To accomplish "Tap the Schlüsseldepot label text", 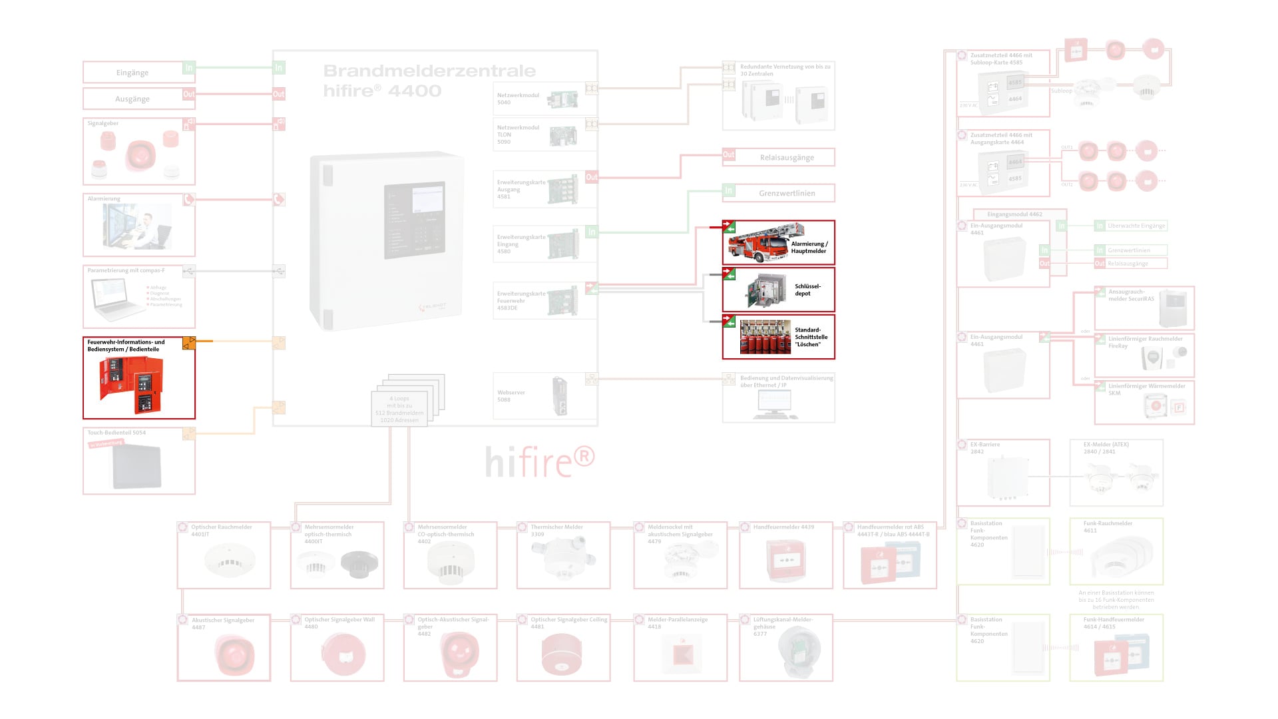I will tap(807, 290).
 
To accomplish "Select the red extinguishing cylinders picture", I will tap(765, 338).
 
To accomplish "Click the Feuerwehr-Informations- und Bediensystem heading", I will tap(126, 346).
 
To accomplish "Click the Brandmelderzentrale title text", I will tap(429, 71).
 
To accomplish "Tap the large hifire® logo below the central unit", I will tap(539, 461).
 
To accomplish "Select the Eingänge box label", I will tap(132, 73).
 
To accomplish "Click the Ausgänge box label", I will tap(132, 99).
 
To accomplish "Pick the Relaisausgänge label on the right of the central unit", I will tap(787, 158).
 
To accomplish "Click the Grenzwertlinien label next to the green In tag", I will tap(787, 193).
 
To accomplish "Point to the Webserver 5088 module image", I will tap(560, 396).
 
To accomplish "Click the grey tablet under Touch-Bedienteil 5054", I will tap(137, 466).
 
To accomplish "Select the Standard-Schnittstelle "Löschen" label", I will tap(811, 337).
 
